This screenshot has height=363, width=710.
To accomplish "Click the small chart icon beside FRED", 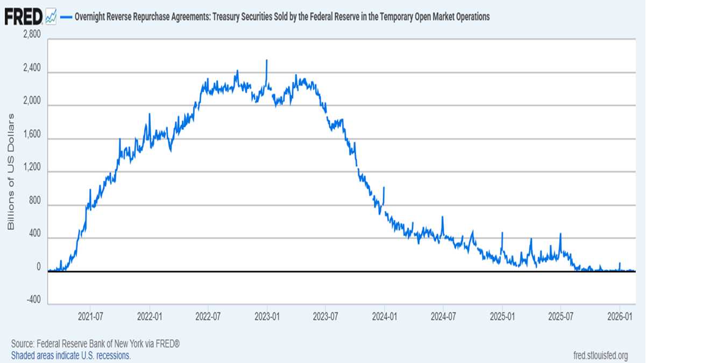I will pos(51,17).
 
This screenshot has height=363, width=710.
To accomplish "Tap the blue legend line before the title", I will pos(66,17).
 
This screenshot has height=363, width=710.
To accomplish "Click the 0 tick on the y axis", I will pos(38,267).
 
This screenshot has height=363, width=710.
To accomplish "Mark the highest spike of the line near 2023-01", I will pos(267,61).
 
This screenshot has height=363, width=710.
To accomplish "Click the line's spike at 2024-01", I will pos(384,188).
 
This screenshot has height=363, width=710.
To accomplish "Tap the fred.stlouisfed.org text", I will pos(601,355).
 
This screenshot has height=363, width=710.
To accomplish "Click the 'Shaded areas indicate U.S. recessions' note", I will pos(71,355).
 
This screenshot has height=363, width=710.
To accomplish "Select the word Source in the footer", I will pos(22,344).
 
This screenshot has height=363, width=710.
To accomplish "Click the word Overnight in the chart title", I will pos(91,17).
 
